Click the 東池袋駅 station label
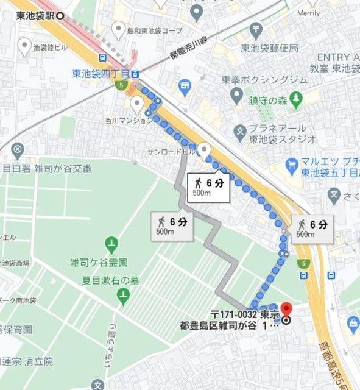[36, 16]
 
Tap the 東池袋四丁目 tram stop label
[101, 74]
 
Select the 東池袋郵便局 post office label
[268, 48]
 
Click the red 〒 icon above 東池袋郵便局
[256, 29]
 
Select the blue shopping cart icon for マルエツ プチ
[292, 165]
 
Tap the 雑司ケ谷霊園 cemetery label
[98, 263]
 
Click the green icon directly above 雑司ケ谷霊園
[111, 246]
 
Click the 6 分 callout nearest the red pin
[312, 228]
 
